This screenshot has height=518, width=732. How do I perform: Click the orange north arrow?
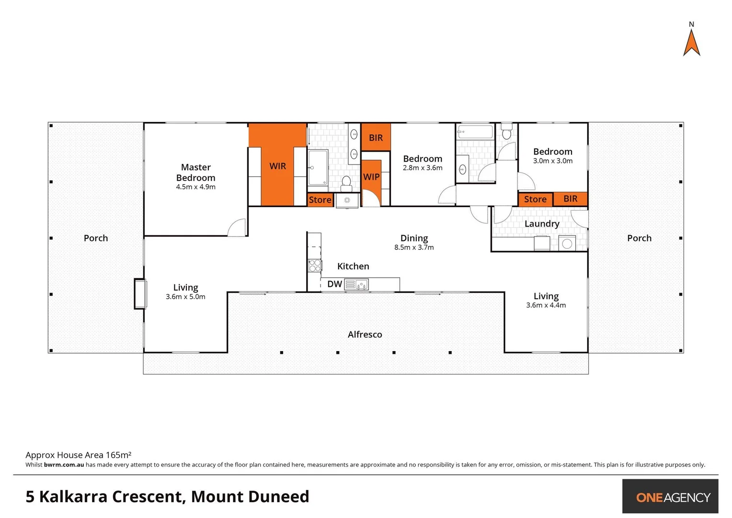click(x=691, y=43)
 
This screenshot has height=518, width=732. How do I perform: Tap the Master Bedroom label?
click(x=195, y=172)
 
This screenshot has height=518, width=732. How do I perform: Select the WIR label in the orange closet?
click(x=277, y=166)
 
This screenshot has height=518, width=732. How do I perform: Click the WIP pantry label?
click(x=371, y=177)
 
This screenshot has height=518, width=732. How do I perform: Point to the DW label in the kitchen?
click(x=334, y=284)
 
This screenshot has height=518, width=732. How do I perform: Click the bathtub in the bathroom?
click(x=475, y=132)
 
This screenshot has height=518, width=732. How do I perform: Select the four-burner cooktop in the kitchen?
click(x=314, y=266)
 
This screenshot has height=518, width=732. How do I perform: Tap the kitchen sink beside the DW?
click(x=356, y=285)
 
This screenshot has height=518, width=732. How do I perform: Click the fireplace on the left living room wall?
click(x=140, y=294)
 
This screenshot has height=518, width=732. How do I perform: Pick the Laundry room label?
click(x=542, y=224)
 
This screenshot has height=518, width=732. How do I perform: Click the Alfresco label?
click(x=365, y=334)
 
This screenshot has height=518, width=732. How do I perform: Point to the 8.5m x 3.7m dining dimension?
click(x=414, y=247)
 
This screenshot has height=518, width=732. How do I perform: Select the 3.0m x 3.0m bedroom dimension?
click(x=553, y=161)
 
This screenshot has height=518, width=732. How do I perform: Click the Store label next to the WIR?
click(x=320, y=200)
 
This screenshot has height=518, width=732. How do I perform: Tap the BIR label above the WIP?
click(x=376, y=138)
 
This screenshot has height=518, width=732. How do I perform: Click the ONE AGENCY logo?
click(x=673, y=497)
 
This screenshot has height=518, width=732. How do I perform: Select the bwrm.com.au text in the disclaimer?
click(x=64, y=465)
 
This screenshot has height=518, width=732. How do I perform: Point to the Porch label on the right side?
click(x=639, y=238)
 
